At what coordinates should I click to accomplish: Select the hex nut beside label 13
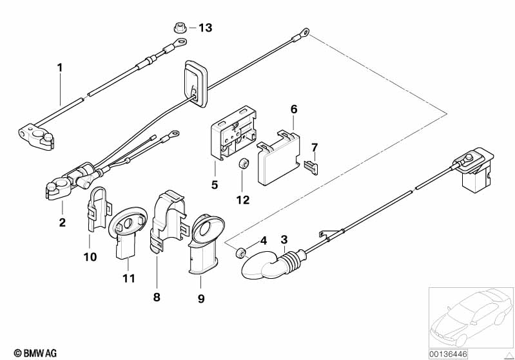click(180, 28)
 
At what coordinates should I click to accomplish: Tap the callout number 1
click(60, 67)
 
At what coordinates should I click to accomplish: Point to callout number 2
click(62, 223)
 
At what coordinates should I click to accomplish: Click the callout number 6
click(294, 109)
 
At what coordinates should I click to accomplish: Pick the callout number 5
click(215, 184)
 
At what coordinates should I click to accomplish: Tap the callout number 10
click(90, 256)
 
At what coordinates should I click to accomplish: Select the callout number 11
click(130, 278)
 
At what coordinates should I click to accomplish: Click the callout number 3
click(284, 240)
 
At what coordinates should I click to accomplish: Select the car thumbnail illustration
click(470, 316)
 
